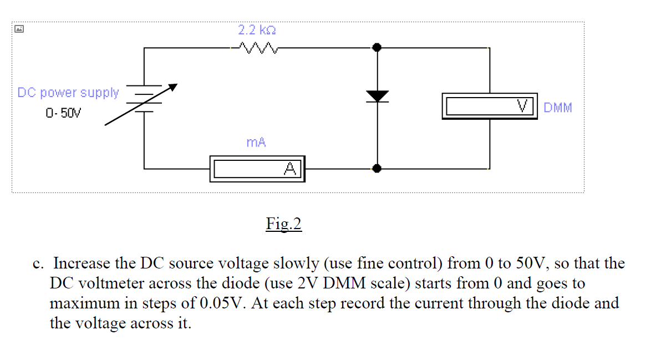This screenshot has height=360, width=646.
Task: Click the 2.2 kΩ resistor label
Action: tap(257, 30)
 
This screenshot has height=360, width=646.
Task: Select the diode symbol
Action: tap(377, 96)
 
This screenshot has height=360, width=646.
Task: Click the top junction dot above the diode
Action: tap(377, 48)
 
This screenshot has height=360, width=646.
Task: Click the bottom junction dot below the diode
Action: tap(377, 168)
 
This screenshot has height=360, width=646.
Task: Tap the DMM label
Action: tap(557, 108)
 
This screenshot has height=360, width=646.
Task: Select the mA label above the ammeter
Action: tap(256, 143)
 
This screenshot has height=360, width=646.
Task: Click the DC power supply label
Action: tap(68, 93)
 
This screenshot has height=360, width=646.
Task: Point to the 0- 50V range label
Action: tap(63, 114)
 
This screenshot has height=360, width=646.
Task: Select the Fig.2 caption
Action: tap(283, 224)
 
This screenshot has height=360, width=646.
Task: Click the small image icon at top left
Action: tap(18, 28)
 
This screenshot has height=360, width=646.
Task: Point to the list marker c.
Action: tap(38, 263)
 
